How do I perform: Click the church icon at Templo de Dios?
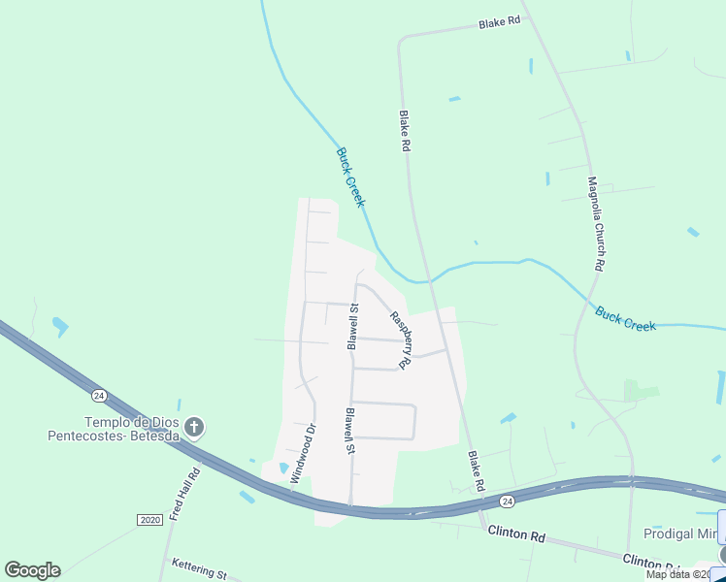194,427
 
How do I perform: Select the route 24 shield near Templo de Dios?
99,395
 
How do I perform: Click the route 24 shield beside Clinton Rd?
507,501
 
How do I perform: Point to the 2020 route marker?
149,520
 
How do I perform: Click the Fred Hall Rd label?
183,496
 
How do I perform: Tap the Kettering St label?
198,569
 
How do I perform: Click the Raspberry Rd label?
402,340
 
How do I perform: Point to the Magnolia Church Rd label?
597,224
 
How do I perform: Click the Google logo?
32,570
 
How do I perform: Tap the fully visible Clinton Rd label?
516,533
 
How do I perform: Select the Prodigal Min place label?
682,534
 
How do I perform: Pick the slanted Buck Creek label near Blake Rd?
350,177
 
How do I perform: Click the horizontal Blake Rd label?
499,22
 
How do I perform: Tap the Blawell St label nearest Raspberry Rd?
354,327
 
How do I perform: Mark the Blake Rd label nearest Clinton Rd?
476,470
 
